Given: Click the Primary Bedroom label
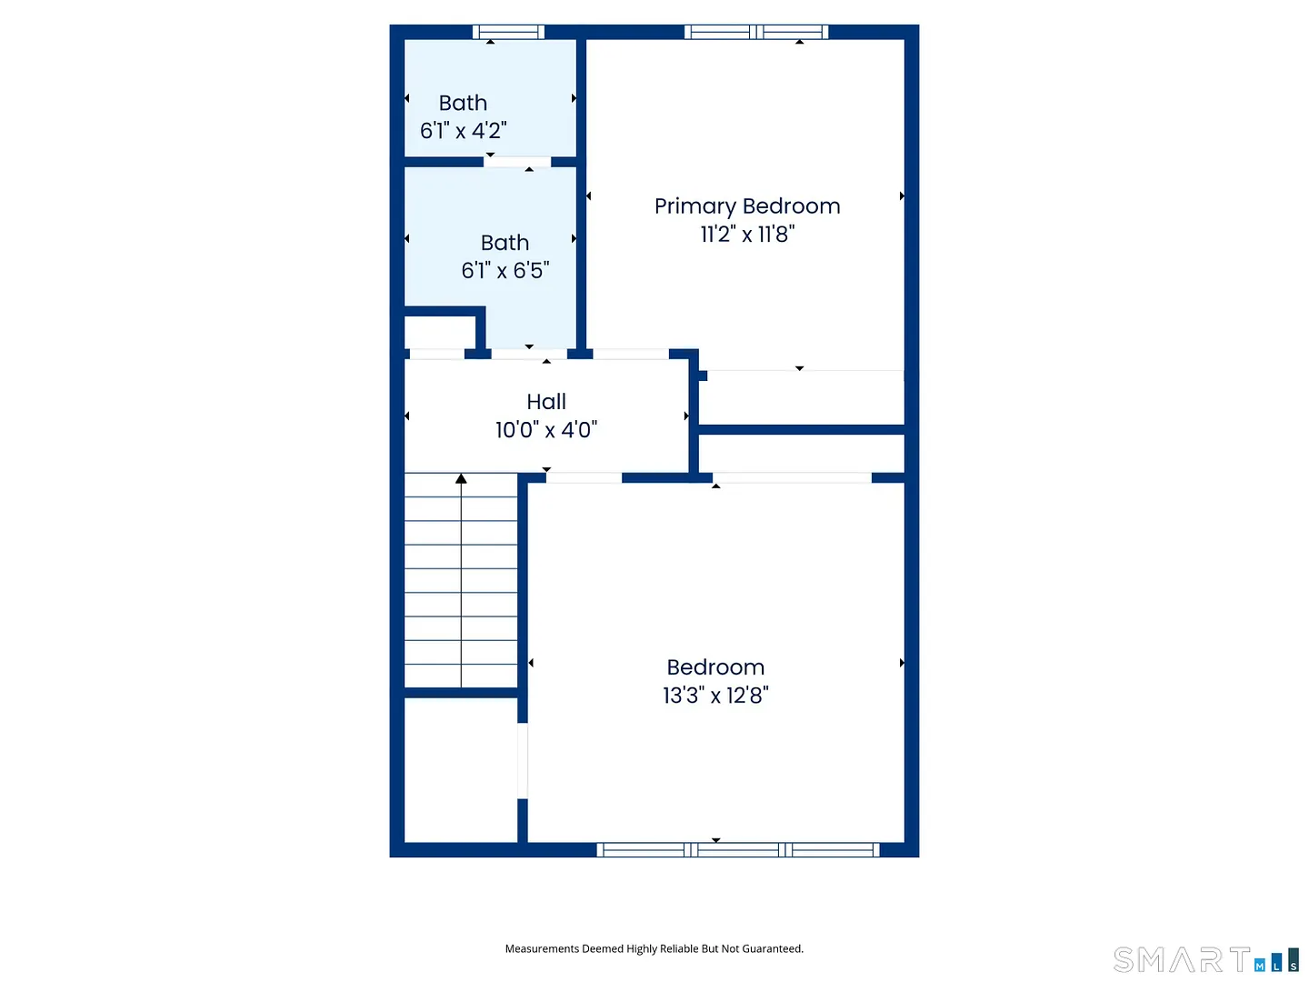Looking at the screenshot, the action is [746, 206].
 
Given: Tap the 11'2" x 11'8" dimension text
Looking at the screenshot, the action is [746, 235].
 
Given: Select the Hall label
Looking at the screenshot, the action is [545, 401].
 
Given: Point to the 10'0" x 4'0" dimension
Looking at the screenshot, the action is [545, 429].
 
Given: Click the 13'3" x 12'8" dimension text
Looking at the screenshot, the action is [715, 696].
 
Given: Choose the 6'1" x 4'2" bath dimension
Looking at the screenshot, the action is [463, 131].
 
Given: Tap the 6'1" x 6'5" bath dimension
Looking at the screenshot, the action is [505, 270].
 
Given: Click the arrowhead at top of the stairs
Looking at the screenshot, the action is [460, 478].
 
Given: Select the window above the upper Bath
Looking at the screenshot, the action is [508, 32].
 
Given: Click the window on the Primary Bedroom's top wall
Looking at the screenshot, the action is [755, 32].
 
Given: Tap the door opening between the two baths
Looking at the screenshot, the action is [516, 162].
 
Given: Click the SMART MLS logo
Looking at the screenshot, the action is [1206, 959].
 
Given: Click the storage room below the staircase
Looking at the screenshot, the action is [460, 770].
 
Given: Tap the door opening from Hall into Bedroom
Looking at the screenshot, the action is [584, 477].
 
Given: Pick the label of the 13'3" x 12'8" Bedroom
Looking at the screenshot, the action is [715, 667].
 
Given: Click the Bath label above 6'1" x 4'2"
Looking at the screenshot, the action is [463, 103].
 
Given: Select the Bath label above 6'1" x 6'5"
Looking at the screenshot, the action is [505, 243].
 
